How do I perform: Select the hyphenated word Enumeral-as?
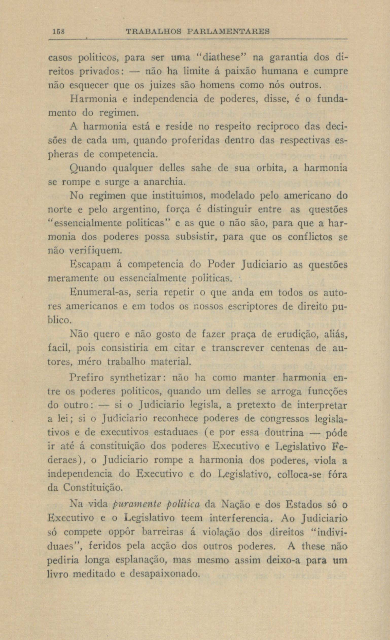[x=99, y=292]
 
